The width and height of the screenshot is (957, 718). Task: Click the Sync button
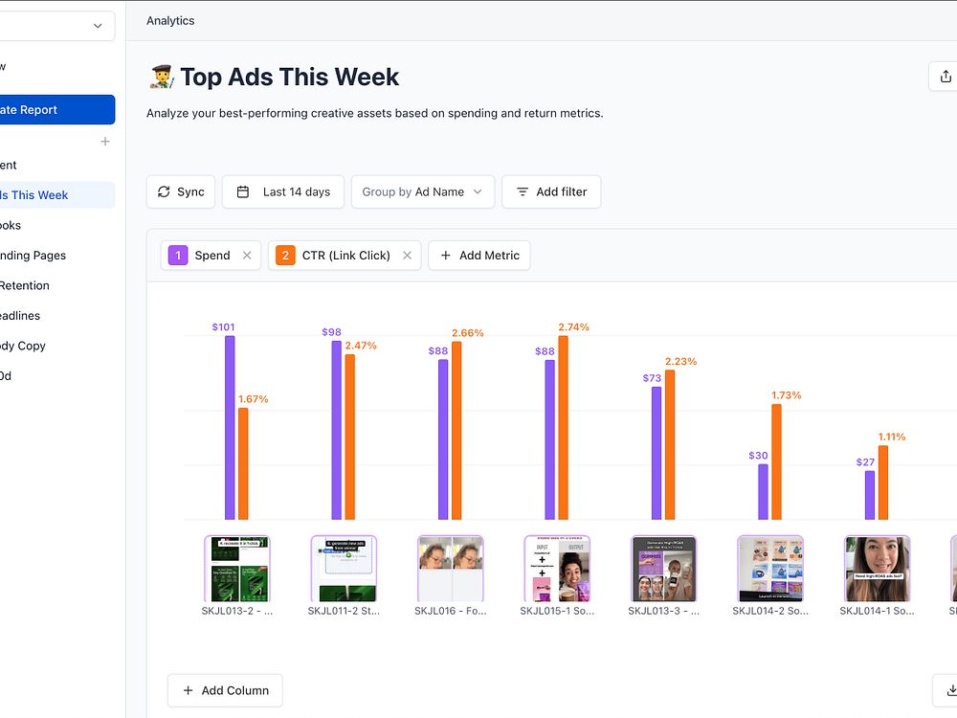(181, 191)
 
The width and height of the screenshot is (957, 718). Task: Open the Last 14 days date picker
(283, 191)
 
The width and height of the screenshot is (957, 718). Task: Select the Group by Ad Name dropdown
(423, 191)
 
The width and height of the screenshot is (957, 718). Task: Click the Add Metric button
(478, 256)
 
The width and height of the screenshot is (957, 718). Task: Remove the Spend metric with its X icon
(247, 256)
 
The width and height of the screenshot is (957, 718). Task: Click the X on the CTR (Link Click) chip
(407, 256)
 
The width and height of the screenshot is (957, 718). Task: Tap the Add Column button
(225, 690)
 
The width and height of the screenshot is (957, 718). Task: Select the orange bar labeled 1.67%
(243, 463)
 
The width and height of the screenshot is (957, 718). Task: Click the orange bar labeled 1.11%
(883, 482)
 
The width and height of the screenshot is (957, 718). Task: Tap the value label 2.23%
(680, 361)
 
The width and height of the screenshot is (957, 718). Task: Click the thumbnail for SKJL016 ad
(451, 569)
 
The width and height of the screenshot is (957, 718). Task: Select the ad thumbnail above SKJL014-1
(877, 569)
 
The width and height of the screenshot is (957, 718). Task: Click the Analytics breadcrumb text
(170, 20)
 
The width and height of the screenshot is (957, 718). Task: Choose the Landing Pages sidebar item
(33, 256)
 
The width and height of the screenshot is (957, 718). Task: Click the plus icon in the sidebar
(105, 142)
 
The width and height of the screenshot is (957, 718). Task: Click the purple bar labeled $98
(337, 430)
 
